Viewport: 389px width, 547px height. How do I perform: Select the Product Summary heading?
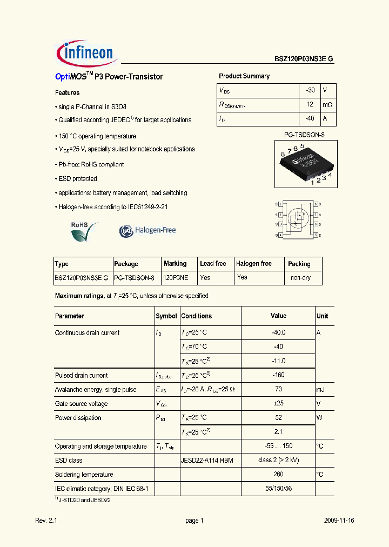tap(244, 76)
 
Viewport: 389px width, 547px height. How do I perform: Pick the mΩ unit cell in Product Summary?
tap(327, 104)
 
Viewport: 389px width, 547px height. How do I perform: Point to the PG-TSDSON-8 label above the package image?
tap(304, 135)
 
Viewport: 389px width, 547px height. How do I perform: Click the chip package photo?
tap(306, 164)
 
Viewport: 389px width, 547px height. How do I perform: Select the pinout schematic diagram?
tap(298, 219)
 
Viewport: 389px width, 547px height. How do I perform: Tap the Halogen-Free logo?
tap(147, 230)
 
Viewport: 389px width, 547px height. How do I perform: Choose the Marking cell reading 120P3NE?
tap(176, 278)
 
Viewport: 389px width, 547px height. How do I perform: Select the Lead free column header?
tap(213, 264)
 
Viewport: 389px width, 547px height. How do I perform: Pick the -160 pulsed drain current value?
tap(278, 375)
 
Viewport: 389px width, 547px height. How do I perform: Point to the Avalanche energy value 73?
tap(278, 389)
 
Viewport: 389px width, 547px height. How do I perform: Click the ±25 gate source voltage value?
tap(278, 403)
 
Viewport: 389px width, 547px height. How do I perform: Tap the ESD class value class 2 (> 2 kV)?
tap(278, 461)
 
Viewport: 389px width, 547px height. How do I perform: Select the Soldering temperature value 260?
tap(278, 475)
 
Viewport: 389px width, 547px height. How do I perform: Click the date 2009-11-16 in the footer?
tap(339, 521)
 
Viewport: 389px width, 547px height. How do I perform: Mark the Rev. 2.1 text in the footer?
tap(46, 521)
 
